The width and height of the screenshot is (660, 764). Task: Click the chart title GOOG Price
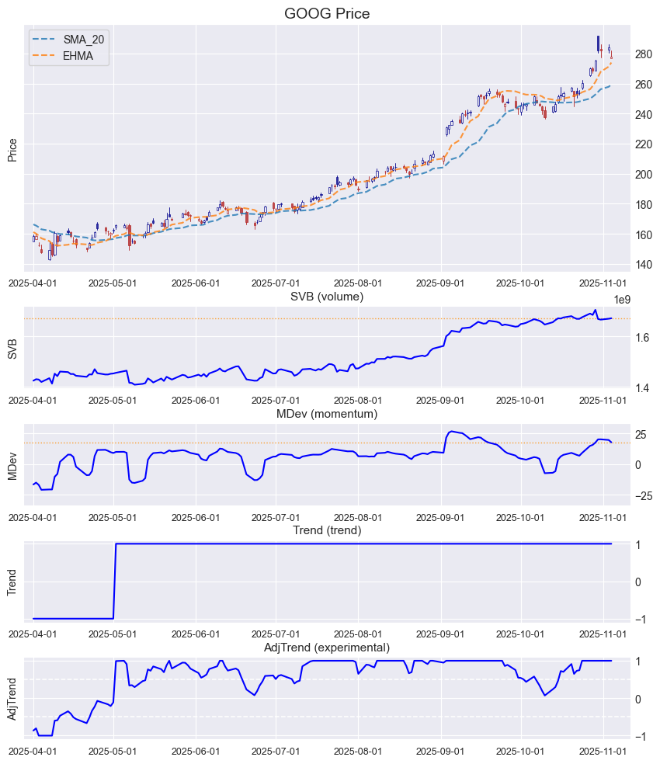[x=327, y=13]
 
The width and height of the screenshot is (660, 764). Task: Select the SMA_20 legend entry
[x=83, y=39]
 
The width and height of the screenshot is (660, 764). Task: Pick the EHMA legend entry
[x=78, y=55]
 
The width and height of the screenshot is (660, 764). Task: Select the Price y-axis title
[x=12, y=150]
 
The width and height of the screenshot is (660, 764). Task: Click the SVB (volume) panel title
[x=327, y=297]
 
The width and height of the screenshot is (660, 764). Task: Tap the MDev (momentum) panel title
[x=327, y=414]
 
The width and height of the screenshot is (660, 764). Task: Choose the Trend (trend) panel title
[x=327, y=530]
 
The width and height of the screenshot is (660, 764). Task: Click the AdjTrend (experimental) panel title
[x=327, y=648]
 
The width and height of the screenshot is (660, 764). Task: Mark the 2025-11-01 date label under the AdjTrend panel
[x=603, y=752]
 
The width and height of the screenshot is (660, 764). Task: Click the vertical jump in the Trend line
[x=115, y=581]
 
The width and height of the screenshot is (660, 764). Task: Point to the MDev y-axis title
[x=12, y=464]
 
